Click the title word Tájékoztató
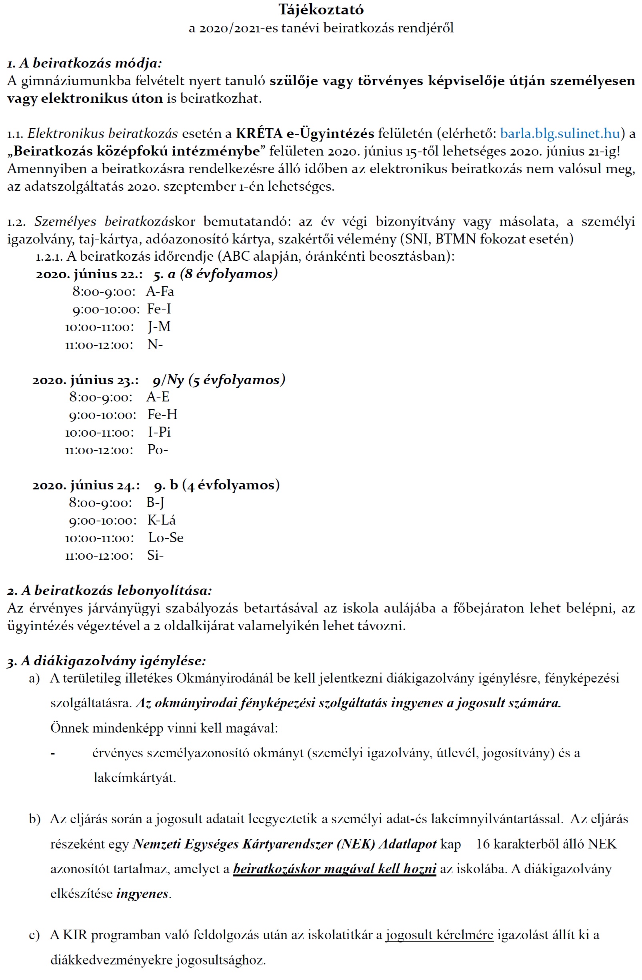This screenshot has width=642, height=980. tap(321, 10)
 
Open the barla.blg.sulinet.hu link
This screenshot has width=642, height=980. tap(560, 134)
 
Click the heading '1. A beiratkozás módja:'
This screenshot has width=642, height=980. tap(84, 63)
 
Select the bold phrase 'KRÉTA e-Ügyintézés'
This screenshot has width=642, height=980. tap(305, 134)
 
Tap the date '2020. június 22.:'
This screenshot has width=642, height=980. tap(89, 274)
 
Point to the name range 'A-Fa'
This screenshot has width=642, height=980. tap(160, 291)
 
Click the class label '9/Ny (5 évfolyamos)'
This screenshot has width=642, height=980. tap(219, 380)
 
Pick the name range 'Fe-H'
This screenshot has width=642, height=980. tap(162, 414)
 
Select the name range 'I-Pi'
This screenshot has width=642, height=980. tap(159, 432)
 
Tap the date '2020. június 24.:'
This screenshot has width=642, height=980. tap(86, 485)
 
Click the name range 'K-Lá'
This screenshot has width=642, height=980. tap(162, 520)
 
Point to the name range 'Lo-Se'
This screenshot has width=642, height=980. tap(166, 538)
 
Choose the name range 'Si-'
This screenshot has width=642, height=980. tap(155, 555)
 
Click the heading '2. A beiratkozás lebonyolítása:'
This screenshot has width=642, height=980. tap(110, 591)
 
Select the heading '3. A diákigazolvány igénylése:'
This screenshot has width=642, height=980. tap(106, 661)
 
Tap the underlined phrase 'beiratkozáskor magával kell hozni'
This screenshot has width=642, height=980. tap(334, 869)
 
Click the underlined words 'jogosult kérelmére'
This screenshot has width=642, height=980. tap(439, 935)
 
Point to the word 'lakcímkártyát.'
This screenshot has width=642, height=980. tap(134, 777)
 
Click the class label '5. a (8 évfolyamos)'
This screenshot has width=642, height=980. tap(215, 274)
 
